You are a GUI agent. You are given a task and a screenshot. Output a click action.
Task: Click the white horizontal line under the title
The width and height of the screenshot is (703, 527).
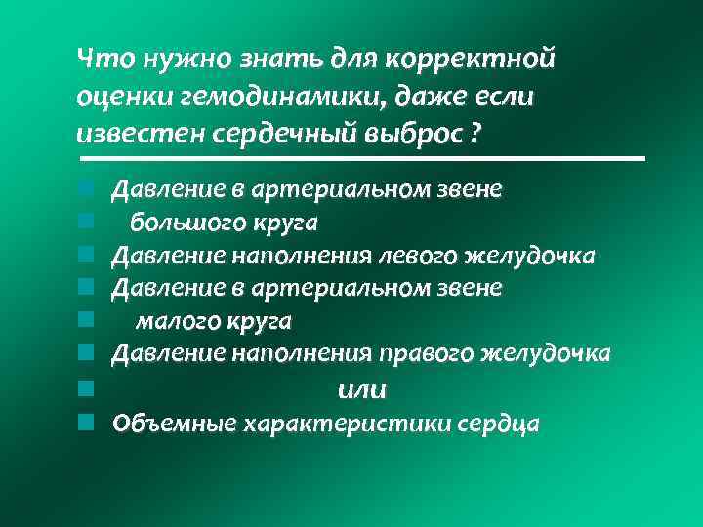(361, 158)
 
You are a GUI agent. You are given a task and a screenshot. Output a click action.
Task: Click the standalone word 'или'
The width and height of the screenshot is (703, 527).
(360, 389)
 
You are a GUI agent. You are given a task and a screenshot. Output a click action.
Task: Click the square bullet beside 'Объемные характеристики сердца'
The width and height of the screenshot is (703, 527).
(86, 423)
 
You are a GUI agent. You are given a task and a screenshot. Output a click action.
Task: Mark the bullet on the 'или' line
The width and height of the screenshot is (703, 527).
(86, 388)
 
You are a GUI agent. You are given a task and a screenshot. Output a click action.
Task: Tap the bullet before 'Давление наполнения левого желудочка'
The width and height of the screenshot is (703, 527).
(86, 255)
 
